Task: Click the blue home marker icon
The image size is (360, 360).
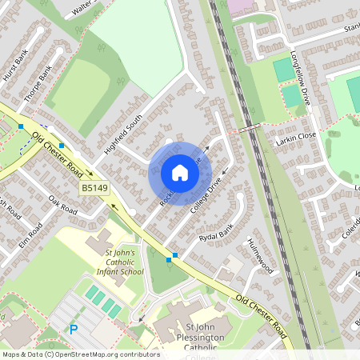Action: (x=179, y=173)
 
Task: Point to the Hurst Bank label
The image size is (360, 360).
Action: (x=15, y=64)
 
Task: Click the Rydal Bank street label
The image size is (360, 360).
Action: (x=214, y=234)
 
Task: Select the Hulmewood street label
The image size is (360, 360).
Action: (x=261, y=256)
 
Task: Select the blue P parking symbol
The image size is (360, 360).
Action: (x=74, y=328)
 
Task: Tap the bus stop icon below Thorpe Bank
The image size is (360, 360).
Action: (x=21, y=126)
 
